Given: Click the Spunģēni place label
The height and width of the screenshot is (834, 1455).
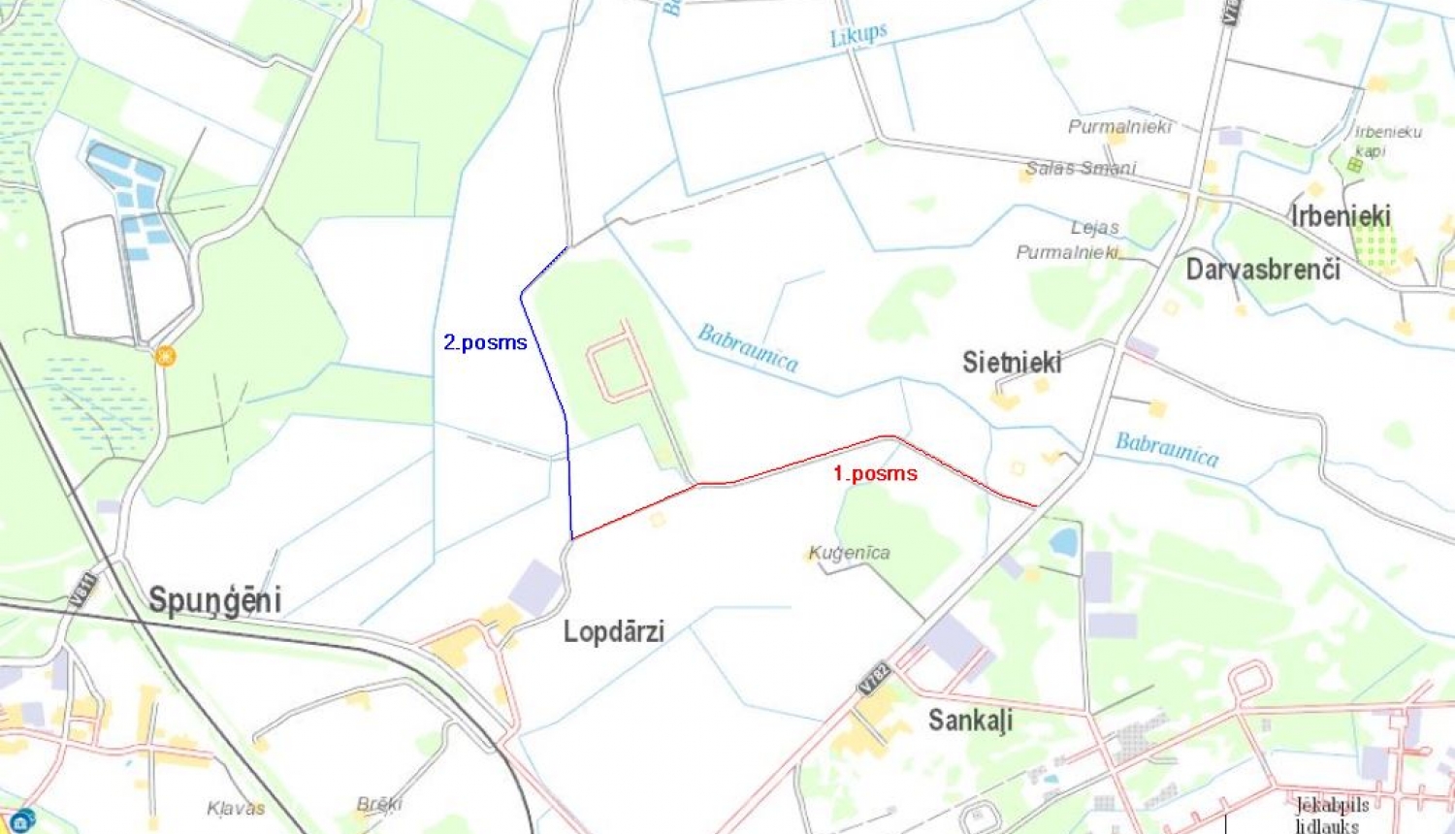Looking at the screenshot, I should point(214,600).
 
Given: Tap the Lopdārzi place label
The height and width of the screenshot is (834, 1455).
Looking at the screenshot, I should point(614,632).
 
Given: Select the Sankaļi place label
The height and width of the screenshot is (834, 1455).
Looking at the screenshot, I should point(970,721).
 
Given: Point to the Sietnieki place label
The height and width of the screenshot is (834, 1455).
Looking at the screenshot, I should point(1012,363).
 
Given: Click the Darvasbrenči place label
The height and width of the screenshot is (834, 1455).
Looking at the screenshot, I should point(1263,269).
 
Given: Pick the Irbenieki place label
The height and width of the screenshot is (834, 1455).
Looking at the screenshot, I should point(1342,215).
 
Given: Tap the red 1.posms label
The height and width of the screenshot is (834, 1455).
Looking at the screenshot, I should point(875,473).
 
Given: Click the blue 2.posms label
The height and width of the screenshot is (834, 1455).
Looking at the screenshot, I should point(485,342).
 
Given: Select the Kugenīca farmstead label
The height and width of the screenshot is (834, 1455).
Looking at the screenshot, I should point(850,553).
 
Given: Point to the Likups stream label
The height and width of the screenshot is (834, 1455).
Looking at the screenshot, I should point(858,36).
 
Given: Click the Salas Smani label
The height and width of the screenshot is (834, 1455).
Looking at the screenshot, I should point(1081,169).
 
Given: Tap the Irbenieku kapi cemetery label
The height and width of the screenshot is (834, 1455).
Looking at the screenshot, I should point(1387,141).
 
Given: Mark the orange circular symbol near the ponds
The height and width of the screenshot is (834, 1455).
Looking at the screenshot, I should point(166,356).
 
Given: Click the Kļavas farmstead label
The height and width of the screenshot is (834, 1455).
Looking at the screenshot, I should point(236,808).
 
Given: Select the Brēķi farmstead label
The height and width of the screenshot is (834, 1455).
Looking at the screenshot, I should point(378,804).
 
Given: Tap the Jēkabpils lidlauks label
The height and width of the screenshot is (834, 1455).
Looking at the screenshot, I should point(1332,815).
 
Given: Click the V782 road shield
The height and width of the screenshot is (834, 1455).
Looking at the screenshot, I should point(875,677).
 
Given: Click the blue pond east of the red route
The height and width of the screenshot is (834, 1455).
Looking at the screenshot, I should point(1064,541).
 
